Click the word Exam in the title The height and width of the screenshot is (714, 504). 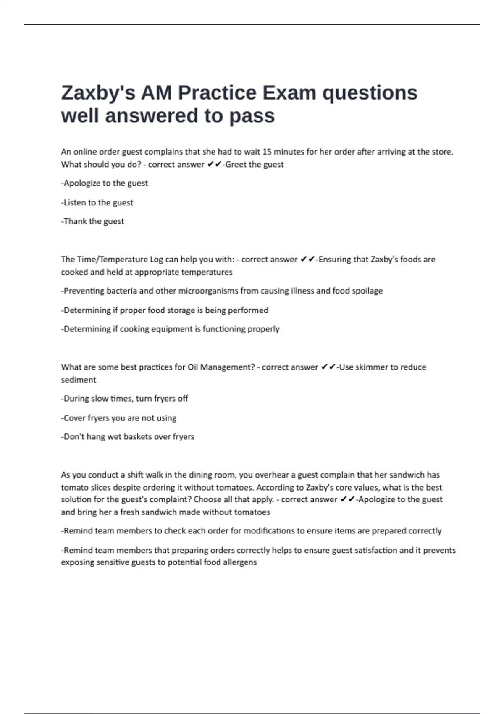[x=289, y=93]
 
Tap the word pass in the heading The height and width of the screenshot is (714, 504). [x=252, y=116]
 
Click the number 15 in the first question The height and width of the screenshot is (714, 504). [x=267, y=152]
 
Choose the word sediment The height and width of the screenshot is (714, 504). [x=79, y=380]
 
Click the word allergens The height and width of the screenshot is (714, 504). [x=240, y=562]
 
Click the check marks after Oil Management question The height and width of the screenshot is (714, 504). [x=328, y=367]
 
